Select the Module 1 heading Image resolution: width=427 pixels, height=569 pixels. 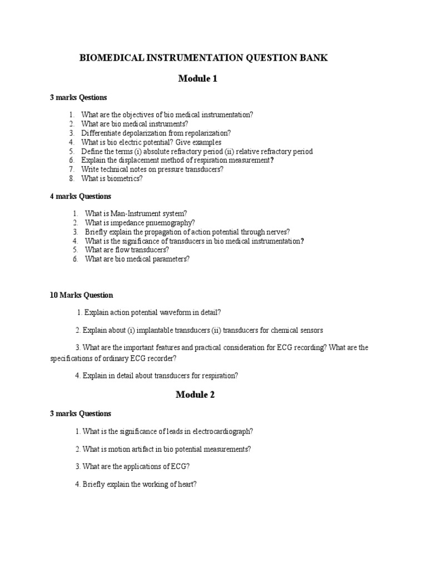[197, 78]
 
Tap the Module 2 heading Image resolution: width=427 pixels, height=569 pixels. [195, 395]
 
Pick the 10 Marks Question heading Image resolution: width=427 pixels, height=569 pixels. [82, 295]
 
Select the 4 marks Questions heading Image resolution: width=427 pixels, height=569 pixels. [81, 196]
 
